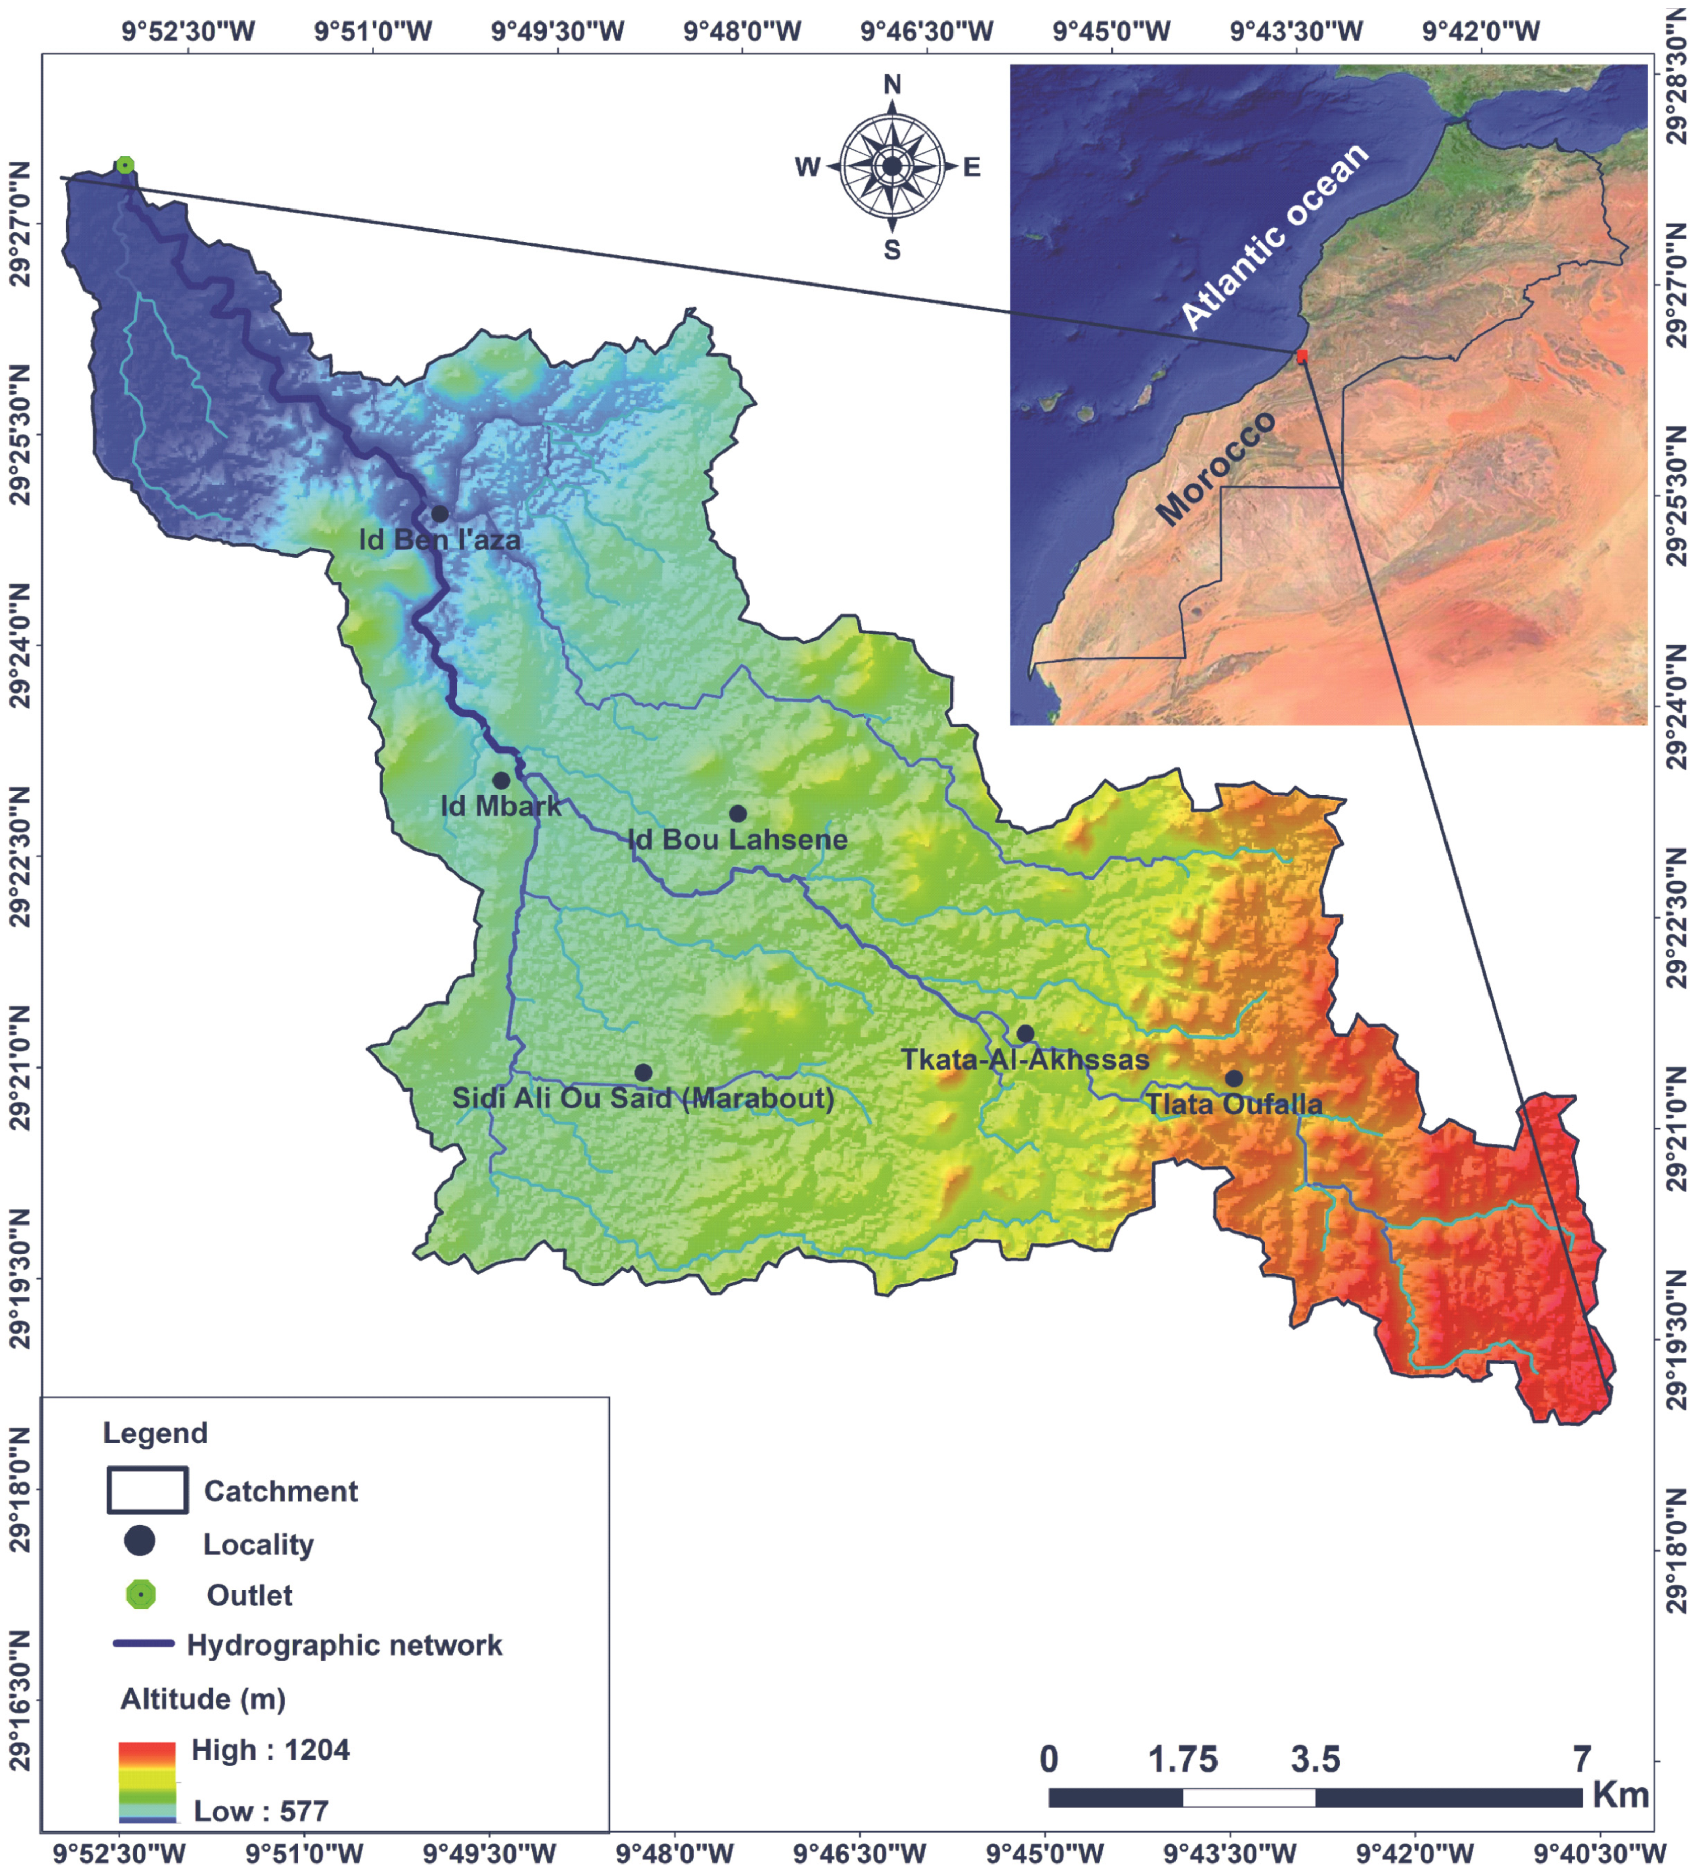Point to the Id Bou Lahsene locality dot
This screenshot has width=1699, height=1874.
(738, 813)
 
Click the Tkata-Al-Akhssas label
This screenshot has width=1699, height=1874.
(1025, 1060)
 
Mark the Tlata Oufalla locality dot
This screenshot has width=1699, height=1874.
(1233, 1079)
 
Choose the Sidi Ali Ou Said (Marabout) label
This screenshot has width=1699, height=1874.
(643, 1099)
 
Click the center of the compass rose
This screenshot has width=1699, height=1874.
(892, 166)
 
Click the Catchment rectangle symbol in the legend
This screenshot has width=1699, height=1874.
(147, 1490)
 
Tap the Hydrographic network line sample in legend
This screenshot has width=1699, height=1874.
(144, 1643)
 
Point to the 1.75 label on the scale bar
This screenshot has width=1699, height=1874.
(1182, 1760)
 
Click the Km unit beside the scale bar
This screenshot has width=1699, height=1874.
(1620, 1796)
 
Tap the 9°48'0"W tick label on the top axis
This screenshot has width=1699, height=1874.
(742, 32)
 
